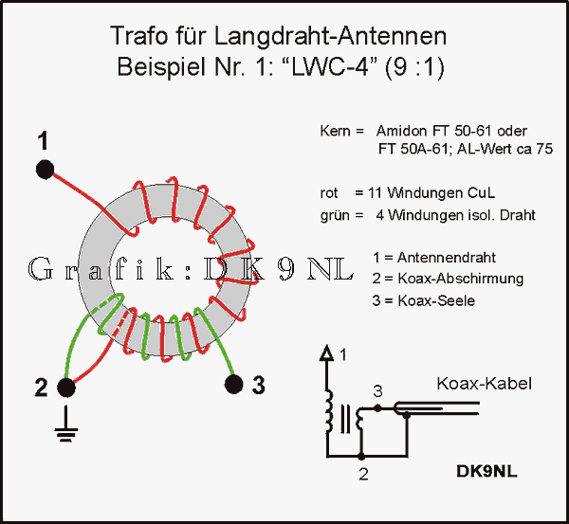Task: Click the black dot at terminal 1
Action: [45, 170]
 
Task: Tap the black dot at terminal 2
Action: [66, 387]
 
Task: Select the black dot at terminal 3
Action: [233, 384]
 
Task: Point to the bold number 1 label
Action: [43, 142]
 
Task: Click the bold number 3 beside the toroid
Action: [259, 387]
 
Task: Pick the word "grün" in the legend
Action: [335, 215]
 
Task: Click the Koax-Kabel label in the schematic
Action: [484, 384]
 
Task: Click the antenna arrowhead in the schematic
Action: [328, 354]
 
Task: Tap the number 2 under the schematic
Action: [363, 474]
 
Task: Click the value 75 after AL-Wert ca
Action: [544, 149]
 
